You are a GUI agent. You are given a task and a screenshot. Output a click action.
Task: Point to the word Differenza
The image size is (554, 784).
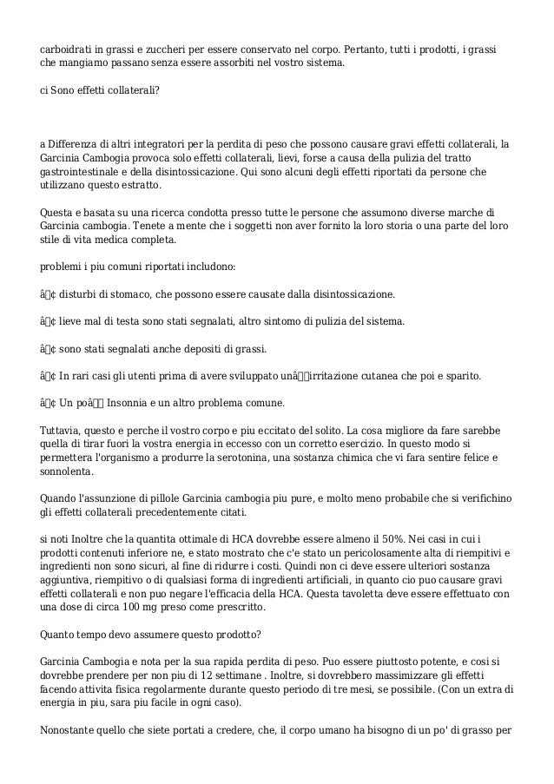pyautogui.click(x=75, y=142)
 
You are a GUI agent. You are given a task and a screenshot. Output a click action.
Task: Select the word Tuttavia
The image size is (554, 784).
pyautogui.click(x=64, y=432)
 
